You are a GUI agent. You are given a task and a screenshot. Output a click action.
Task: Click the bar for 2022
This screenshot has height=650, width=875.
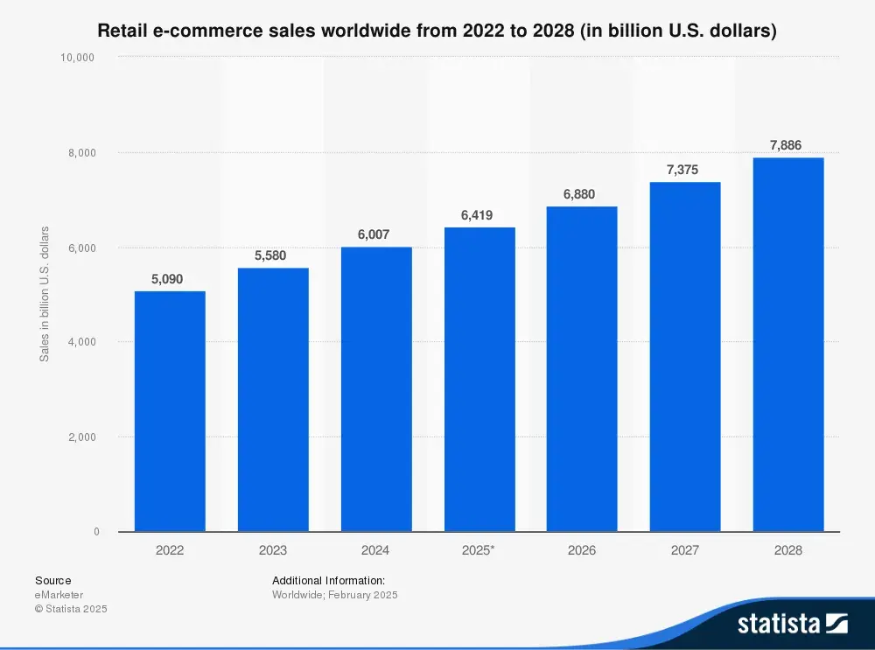tap(170, 411)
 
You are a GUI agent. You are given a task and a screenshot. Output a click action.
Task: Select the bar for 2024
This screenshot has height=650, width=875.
tap(376, 389)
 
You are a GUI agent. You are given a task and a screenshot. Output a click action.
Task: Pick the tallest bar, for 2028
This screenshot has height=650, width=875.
tap(788, 345)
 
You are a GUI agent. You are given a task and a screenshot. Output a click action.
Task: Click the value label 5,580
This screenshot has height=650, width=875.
tap(273, 255)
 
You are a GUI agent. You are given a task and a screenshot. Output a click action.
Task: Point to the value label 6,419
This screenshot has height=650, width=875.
tap(479, 214)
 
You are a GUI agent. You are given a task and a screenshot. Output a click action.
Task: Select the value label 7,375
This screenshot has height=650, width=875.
tap(685, 170)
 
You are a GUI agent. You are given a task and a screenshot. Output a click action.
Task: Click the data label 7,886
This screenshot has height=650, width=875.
tap(786, 145)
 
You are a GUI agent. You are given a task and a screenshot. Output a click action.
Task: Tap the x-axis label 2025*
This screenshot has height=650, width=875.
tap(479, 550)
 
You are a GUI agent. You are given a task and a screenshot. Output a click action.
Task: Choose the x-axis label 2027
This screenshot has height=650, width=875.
tap(685, 550)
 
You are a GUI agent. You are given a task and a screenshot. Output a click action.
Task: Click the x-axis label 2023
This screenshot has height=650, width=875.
tap(273, 550)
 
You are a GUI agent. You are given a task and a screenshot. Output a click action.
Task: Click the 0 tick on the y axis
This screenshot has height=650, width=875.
tap(96, 531)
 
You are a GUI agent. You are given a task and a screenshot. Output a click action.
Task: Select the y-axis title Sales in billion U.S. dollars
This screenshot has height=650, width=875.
tap(44, 294)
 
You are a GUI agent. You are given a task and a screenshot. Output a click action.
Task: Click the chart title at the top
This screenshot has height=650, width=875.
tap(437, 31)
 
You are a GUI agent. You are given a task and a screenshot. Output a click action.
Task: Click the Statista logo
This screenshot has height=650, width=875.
tap(792, 624)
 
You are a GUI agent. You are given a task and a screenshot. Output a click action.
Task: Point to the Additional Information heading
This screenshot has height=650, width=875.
tap(328, 580)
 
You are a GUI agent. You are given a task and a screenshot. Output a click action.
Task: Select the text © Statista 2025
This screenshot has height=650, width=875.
tap(71, 609)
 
